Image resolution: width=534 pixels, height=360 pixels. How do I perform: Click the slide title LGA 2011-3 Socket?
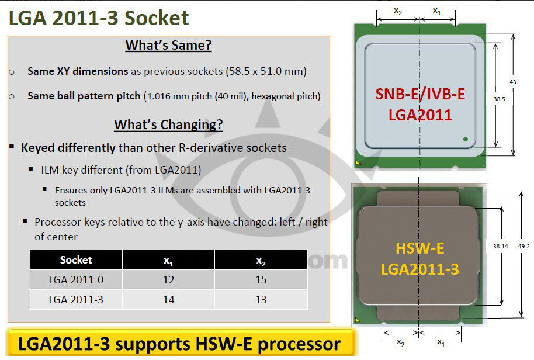98,18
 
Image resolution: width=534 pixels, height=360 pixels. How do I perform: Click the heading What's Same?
169,45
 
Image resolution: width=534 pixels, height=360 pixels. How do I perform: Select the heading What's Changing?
169,124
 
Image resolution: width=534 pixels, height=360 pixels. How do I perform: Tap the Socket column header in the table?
76,260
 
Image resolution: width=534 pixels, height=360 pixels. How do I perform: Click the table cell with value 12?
168,279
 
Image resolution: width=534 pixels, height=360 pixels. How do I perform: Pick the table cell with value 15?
261,279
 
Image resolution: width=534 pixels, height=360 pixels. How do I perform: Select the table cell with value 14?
168,300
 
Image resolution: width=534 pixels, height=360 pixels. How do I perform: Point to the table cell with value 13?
261,300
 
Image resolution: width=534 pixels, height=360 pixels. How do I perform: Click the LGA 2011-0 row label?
76,279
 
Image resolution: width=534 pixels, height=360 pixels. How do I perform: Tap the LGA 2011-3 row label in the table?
76,300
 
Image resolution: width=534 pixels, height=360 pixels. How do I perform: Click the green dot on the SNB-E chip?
466,139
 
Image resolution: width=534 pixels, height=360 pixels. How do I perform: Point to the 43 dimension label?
513,82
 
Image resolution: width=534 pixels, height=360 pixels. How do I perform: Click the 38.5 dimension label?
500,99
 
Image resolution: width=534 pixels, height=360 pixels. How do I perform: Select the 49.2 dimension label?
524,246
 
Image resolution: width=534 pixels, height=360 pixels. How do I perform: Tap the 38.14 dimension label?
500,246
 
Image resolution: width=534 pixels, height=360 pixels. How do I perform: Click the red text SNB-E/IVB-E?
420,94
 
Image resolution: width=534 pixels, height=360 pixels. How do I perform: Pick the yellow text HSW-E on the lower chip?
420,248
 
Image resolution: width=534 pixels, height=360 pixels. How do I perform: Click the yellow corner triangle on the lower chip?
358,320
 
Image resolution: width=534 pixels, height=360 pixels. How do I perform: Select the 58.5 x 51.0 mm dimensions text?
266,71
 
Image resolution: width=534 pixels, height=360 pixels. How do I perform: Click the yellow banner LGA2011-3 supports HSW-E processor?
179,343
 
